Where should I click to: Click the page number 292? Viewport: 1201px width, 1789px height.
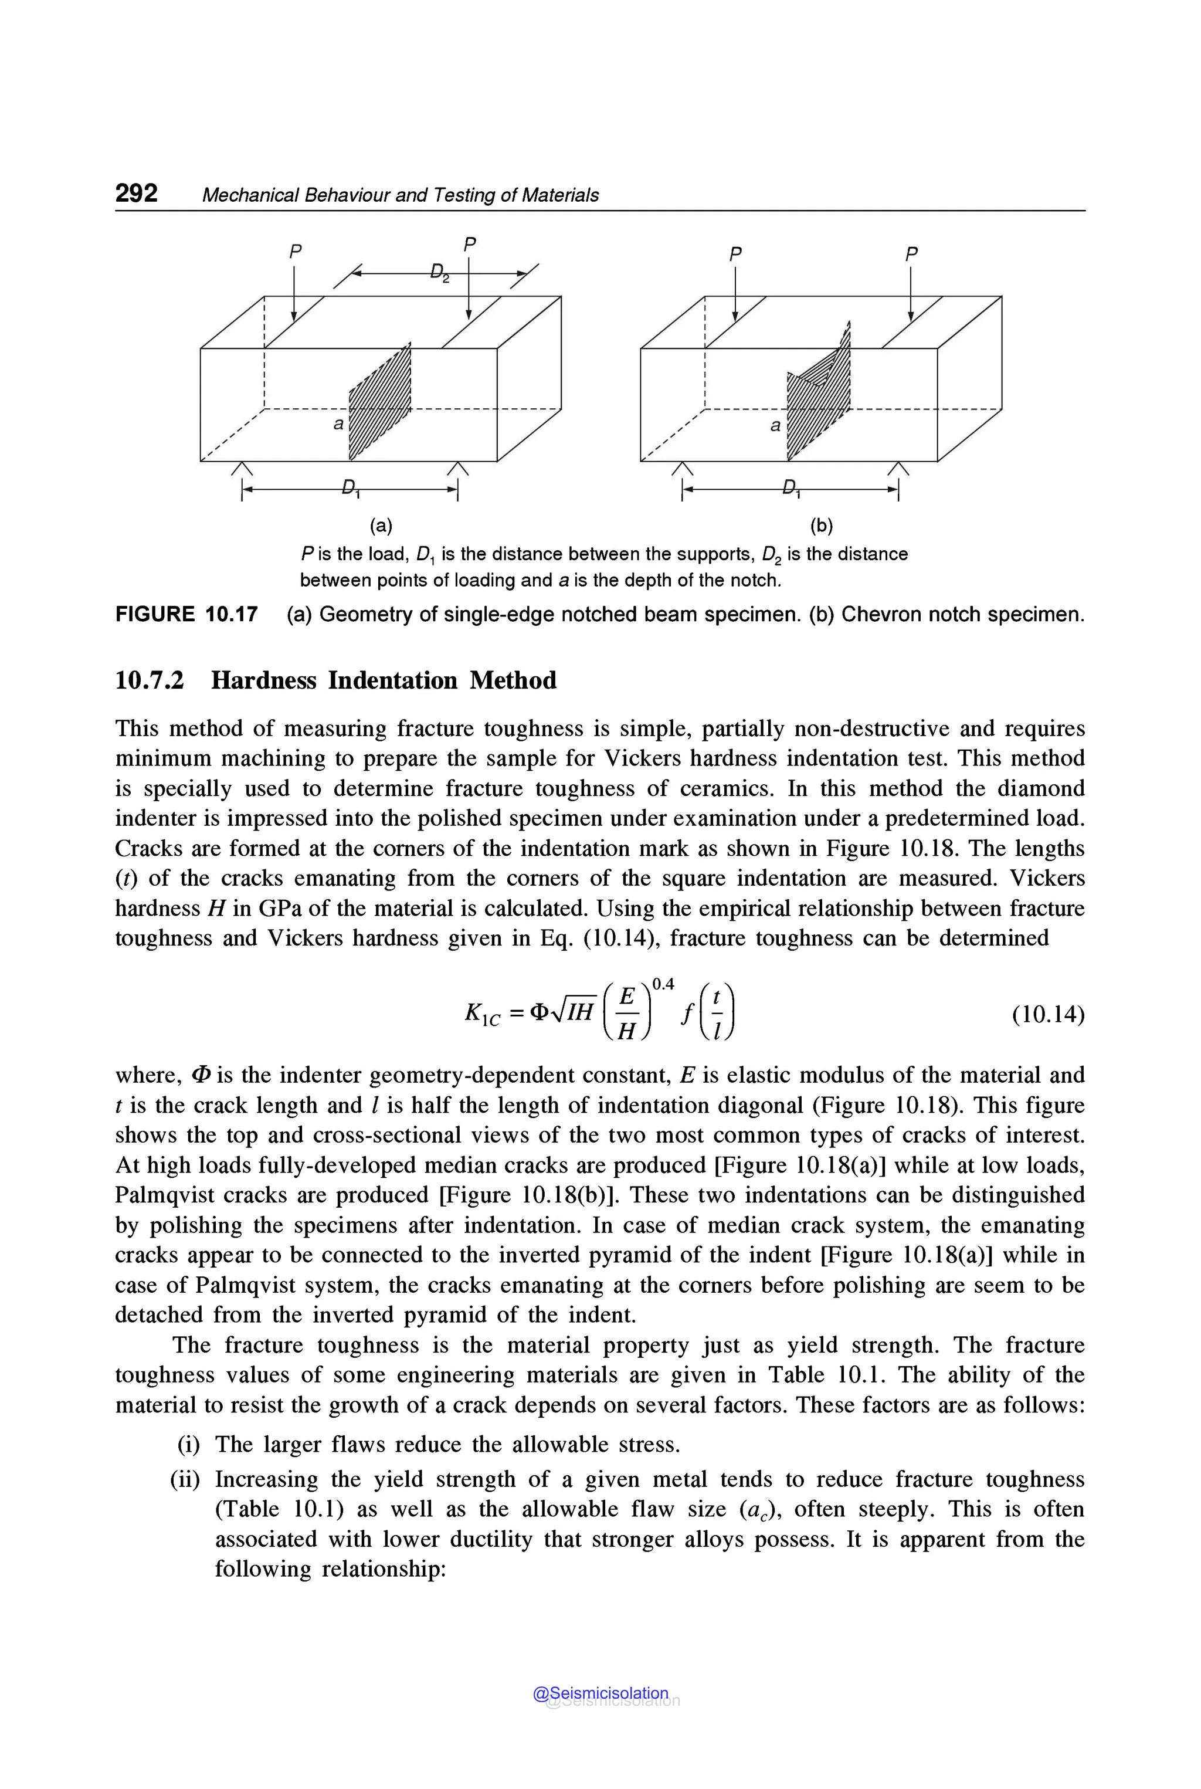[136, 193]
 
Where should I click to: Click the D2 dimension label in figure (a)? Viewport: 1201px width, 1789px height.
[439, 273]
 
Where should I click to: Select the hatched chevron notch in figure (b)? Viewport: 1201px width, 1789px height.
[818, 395]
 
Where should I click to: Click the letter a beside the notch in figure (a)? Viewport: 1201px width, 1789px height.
[338, 423]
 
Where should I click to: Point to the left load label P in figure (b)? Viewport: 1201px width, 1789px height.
[735, 253]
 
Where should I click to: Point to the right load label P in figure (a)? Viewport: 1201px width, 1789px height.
[470, 245]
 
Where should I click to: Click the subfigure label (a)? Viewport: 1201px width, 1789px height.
[381, 526]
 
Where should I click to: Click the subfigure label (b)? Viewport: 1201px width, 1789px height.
[821, 526]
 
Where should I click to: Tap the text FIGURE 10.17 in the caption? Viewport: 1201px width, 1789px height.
[186, 615]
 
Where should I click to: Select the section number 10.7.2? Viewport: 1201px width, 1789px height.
[150, 680]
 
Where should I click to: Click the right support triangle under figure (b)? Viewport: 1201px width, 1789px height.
[898, 469]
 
